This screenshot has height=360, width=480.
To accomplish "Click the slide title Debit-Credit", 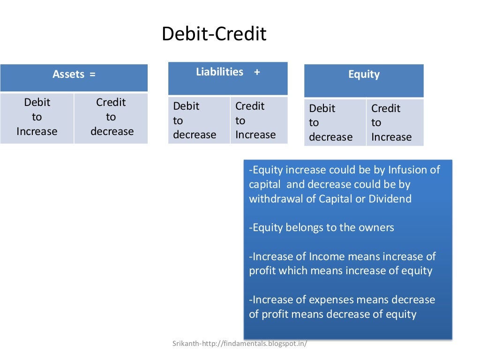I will [214, 34].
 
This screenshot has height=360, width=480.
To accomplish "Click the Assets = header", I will [74, 75].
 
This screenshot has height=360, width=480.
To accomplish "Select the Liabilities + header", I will [227, 72].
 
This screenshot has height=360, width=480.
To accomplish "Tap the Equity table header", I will [364, 75].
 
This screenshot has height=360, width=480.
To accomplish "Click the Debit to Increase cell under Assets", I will [37, 117].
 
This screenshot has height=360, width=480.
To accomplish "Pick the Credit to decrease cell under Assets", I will [112, 117].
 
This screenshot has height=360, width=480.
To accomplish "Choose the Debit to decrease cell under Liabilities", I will [195, 120].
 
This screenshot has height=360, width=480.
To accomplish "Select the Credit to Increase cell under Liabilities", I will [255, 120].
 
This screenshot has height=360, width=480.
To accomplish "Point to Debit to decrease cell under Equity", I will [330, 123].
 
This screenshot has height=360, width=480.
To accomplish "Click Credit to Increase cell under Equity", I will [391, 123].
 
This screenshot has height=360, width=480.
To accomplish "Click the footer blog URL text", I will [240, 344].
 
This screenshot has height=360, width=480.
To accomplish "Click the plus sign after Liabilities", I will [257, 72].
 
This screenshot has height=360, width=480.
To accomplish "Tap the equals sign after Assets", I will [92, 75].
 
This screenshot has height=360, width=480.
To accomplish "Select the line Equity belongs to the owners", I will [322, 228].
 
